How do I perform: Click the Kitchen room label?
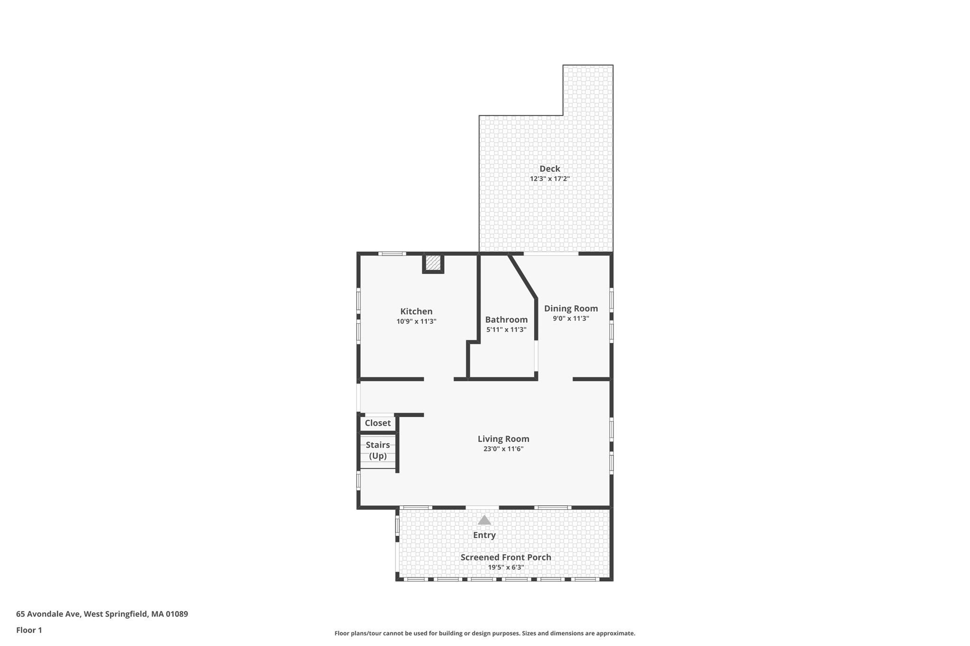[x=416, y=311]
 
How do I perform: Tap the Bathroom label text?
[x=506, y=320]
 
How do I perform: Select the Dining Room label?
[x=571, y=309]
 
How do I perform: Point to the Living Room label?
[x=503, y=439]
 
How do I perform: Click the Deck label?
[x=549, y=168]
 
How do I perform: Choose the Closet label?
[x=377, y=423]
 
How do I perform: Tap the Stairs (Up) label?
[x=377, y=451]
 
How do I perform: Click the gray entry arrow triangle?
[x=484, y=520]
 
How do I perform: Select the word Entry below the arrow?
[x=484, y=535]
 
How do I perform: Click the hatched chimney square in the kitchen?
[x=433, y=263]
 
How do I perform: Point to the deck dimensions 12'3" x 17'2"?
[x=549, y=179]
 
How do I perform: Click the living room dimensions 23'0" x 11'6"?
[x=503, y=449]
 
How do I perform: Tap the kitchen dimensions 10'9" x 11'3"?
[x=416, y=321]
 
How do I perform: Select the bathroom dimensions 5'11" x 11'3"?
[x=506, y=330]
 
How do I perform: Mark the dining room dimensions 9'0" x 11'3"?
[x=571, y=319]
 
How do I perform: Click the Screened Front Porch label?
[x=506, y=558]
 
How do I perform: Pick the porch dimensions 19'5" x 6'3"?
[x=506, y=567]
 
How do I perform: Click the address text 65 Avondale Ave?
[x=49, y=614]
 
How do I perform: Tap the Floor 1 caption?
[x=29, y=630]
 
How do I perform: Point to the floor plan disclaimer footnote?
[x=485, y=633]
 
